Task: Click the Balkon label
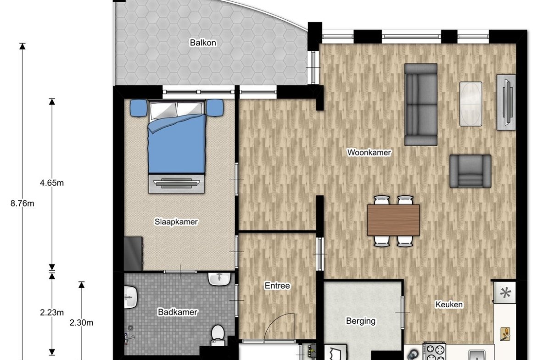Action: tap(203, 43)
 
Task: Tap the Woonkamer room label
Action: tap(369, 152)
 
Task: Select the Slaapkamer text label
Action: tap(176, 222)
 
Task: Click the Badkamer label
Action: tap(178, 312)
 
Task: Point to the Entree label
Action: tap(277, 285)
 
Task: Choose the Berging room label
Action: tap(361, 321)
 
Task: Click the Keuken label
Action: tap(448, 304)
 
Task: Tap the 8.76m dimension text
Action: tap(22, 204)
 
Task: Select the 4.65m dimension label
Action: tap(52, 183)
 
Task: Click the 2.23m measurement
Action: tap(52, 312)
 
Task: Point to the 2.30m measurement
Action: tap(81, 323)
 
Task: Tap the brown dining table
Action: tap(393, 220)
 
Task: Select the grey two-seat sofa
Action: tap(421, 105)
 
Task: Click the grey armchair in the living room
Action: tap(470, 171)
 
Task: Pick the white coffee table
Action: tap(470, 104)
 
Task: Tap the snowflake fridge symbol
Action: tap(505, 293)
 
